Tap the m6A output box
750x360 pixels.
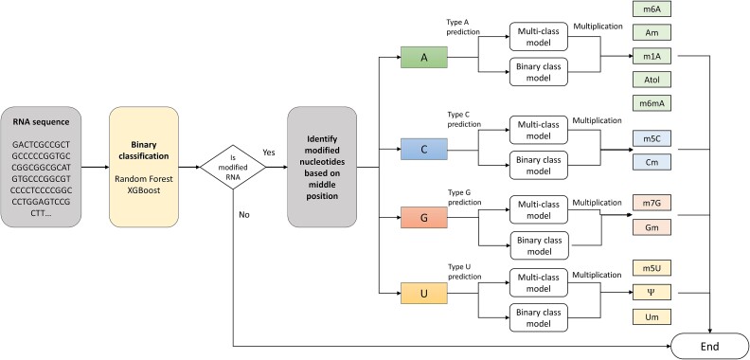click(652, 10)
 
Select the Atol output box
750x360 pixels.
click(652, 80)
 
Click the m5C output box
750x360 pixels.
click(652, 138)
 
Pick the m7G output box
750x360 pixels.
click(652, 203)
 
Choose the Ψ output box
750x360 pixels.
click(652, 294)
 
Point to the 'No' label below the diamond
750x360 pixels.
click(245, 214)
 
